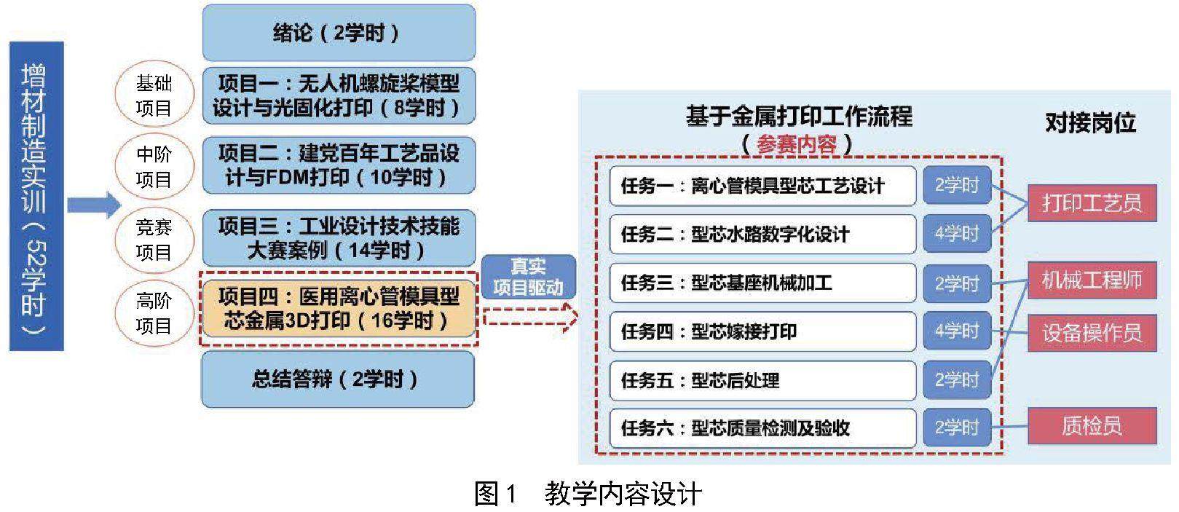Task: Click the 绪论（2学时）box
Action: (339, 33)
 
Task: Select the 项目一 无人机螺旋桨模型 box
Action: (339, 95)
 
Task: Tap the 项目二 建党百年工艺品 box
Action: (339, 165)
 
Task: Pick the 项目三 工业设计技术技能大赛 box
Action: (339, 238)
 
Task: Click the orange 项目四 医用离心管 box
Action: (339, 308)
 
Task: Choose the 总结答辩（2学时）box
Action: (337, 379)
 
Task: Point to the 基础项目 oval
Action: (154, 95)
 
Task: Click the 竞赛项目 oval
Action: (154, 240)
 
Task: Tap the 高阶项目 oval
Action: (154, 312)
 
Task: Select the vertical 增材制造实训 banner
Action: (36, 196)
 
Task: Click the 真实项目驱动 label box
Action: (528, 277)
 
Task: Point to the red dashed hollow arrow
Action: (530, 318)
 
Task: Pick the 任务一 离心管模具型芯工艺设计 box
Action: (762, 186)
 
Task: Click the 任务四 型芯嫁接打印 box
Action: (762, 331)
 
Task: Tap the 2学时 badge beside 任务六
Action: (957, 427)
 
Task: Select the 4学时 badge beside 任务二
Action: (957, 234)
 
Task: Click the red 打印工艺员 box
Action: (1092, 202)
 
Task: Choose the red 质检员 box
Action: (1092, 425)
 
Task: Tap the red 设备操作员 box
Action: (1092, 333)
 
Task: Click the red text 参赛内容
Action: (797, 143)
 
